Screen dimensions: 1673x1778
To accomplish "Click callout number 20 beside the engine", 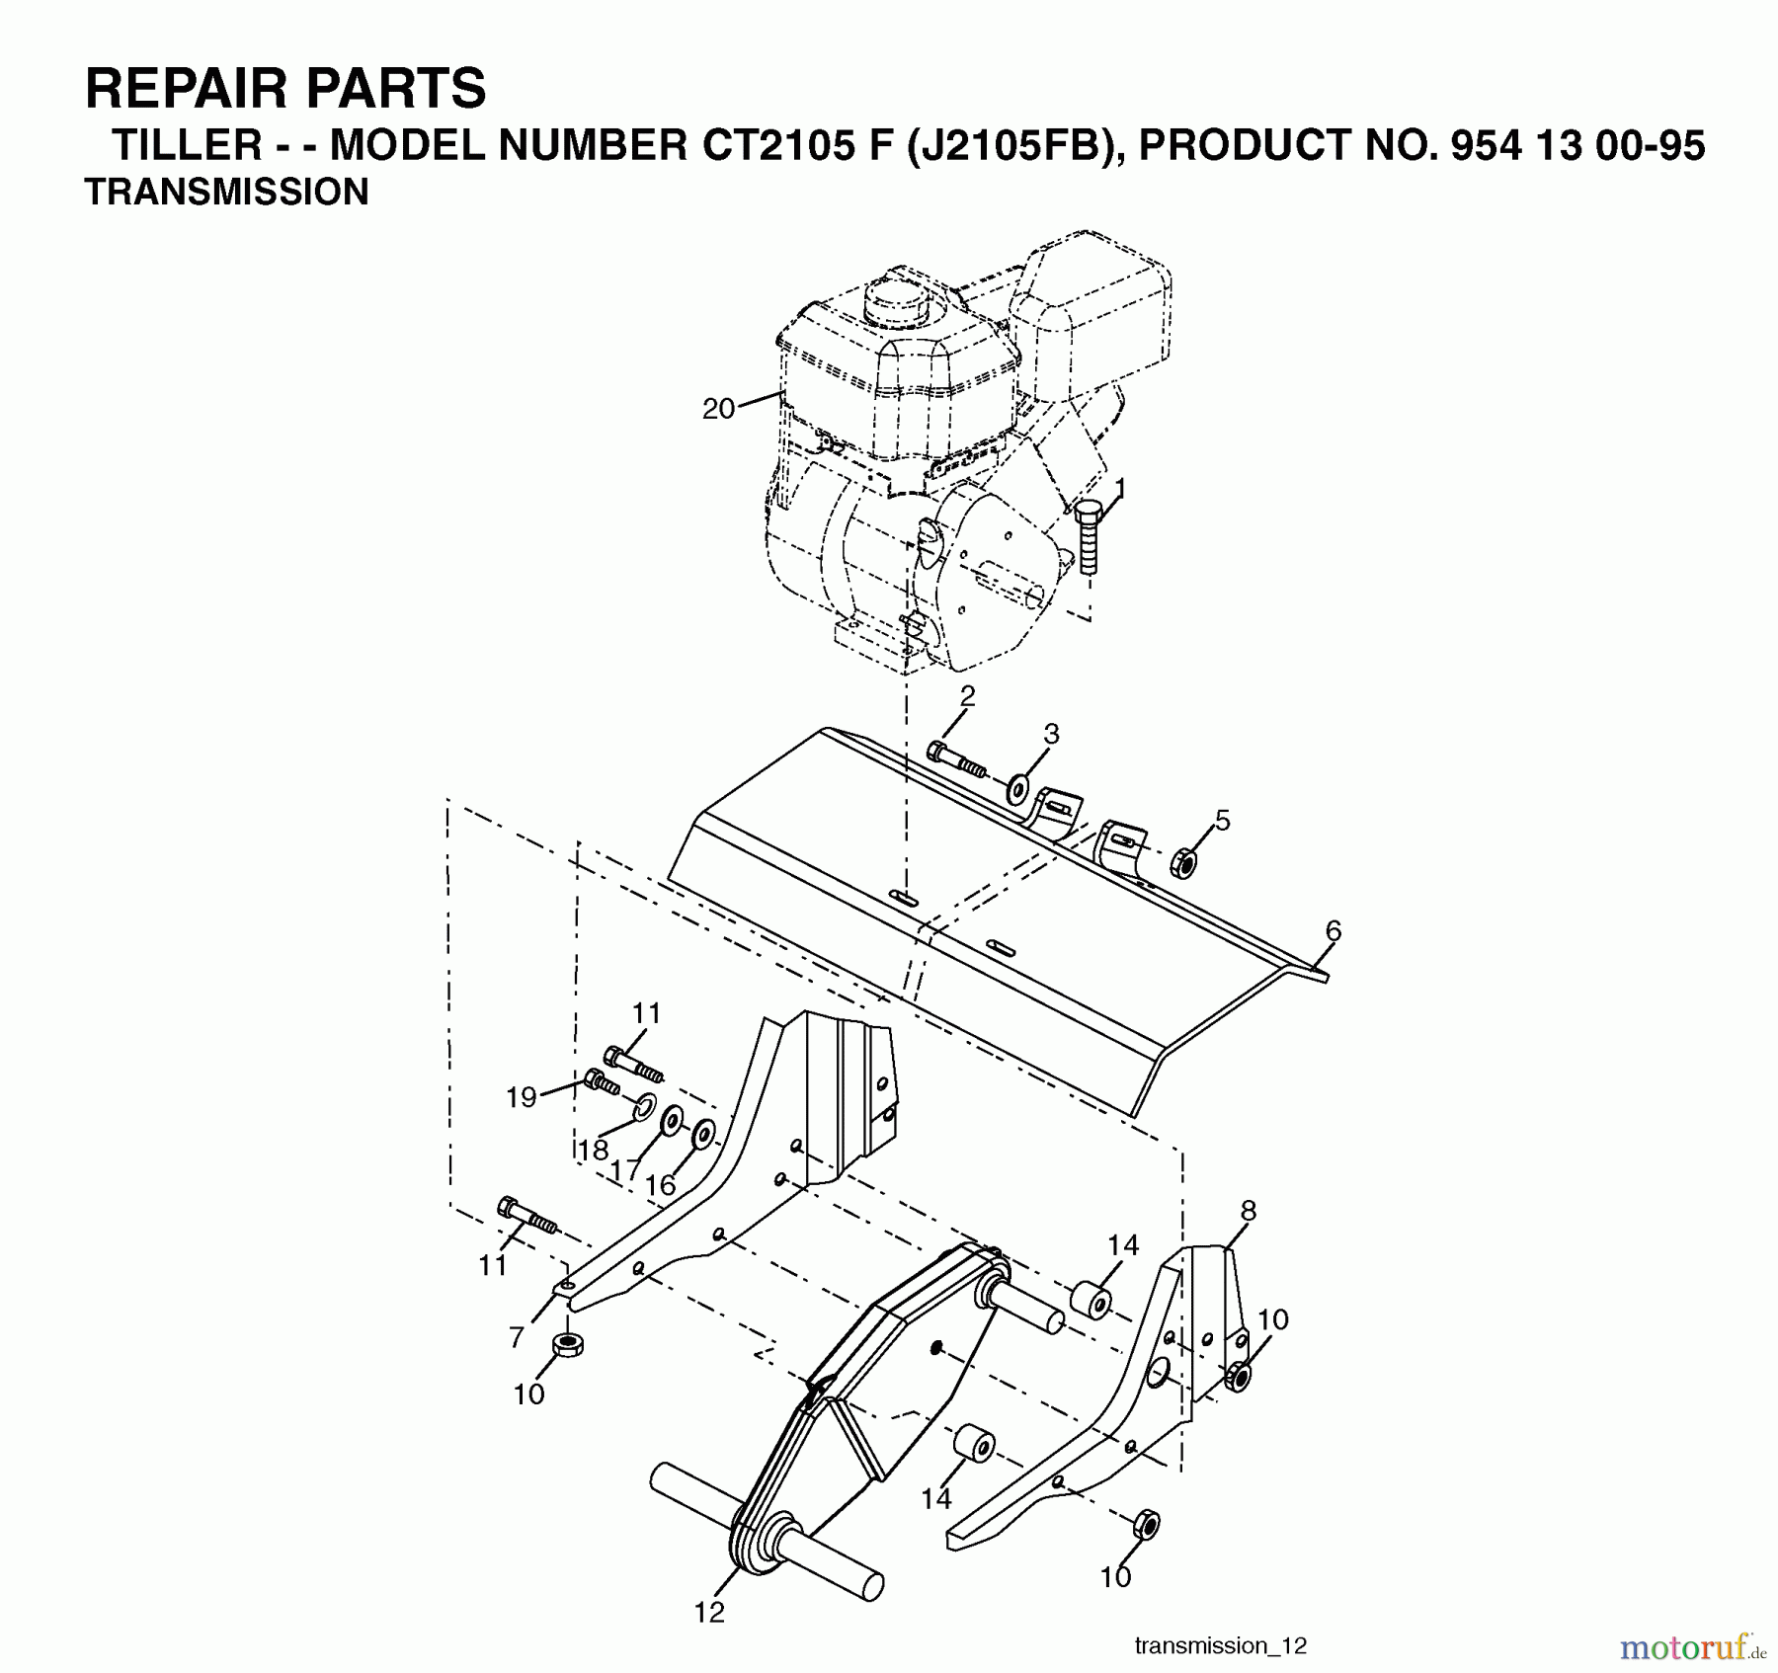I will [718, 409].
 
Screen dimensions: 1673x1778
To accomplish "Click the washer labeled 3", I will [1017, 790].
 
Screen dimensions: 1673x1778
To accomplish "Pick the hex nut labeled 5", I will [1182, 862].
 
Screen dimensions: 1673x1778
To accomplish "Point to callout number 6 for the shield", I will [1333, 930].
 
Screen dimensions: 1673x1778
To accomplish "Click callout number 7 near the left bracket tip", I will [517, 1336].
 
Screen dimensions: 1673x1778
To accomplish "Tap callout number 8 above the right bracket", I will [1249, 1210].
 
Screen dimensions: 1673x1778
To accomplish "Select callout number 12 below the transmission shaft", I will [709, 1612].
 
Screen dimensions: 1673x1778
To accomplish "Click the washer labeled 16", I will [702, 1135].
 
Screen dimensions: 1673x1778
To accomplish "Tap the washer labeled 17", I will [672, 1122].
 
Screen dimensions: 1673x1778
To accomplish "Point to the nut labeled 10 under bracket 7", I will [569, 1344].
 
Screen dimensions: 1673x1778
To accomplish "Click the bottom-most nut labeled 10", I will [1144, 1524].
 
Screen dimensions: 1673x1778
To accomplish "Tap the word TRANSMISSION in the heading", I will [227, 192].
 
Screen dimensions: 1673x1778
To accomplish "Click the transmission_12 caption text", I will [1221, 1645].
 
